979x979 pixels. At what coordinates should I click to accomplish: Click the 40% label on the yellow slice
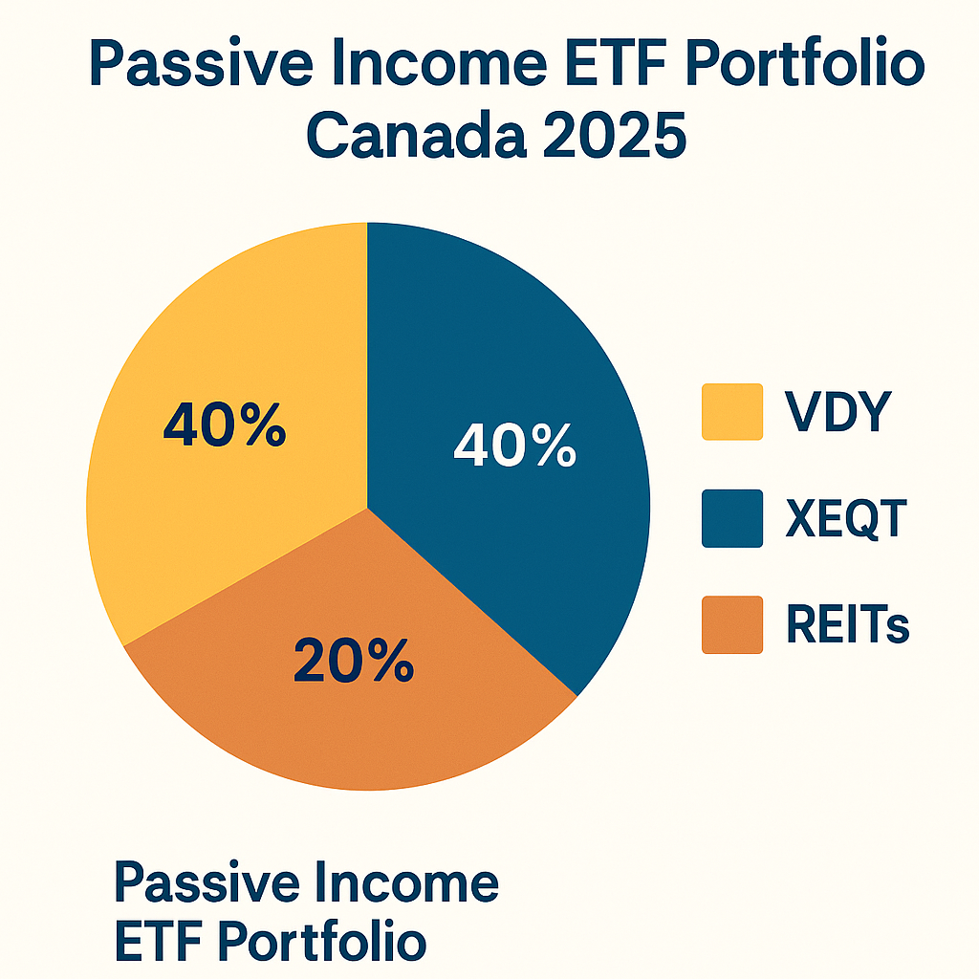point(224,425)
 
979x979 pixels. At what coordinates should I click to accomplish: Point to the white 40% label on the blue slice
point(514,446)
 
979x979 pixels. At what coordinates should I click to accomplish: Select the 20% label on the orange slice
point(354,660)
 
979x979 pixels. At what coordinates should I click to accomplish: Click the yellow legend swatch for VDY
point(731,412)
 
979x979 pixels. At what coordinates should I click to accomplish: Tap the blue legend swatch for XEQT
point(731,518)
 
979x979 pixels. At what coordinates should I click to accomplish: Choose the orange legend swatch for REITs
point(731,625)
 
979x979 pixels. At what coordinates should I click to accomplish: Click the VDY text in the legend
point(838,413)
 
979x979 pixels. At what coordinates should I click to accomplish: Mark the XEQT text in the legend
point(845,519)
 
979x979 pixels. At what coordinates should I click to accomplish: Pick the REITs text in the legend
point(847,626)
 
